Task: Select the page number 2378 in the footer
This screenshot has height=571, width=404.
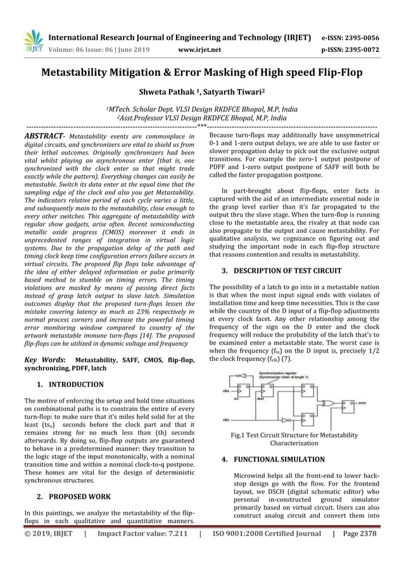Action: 364,534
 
